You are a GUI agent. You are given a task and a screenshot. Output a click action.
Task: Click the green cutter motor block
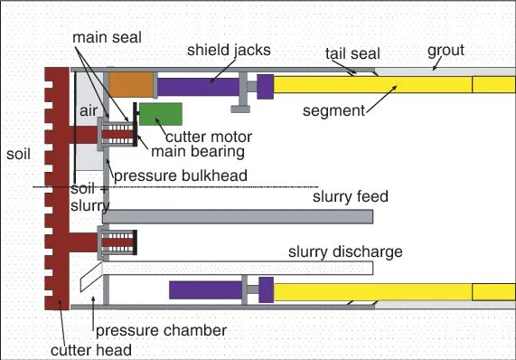point(160,114)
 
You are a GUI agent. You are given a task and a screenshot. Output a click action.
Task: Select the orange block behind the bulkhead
point(130,85)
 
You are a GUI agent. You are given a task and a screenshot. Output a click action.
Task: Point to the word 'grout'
point(446,51)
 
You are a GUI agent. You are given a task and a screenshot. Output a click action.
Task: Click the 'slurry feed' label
point(351,196)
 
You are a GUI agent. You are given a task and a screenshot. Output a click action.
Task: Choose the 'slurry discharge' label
point(345,251)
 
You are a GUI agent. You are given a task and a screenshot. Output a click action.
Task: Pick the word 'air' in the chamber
point(87,109)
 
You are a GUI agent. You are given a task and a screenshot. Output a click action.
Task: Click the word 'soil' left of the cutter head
point(17,154)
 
